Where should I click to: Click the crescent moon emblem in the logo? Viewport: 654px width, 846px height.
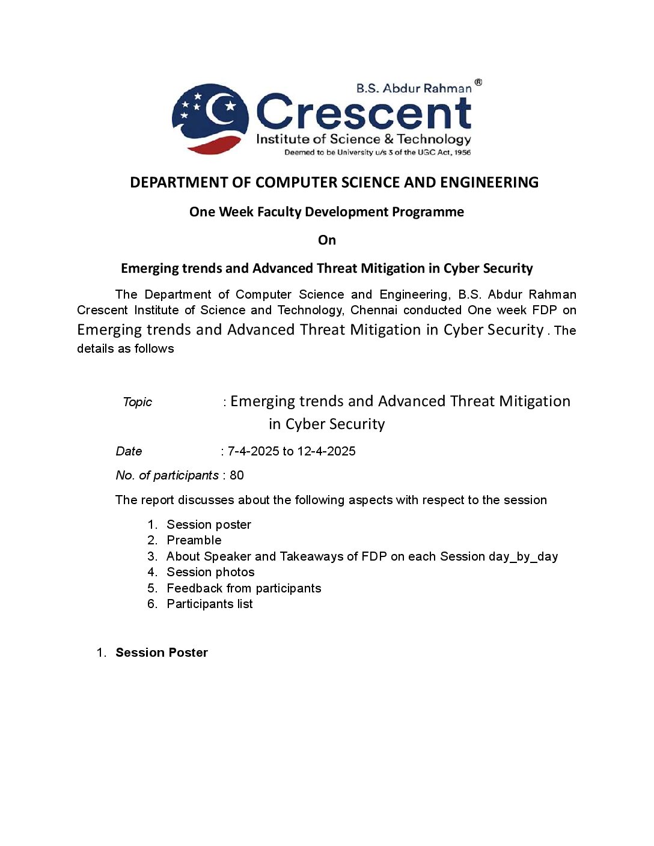coord(210,118)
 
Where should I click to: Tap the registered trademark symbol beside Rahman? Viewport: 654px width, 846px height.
coord(478,82)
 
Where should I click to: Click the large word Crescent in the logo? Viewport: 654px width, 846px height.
coord(364,113)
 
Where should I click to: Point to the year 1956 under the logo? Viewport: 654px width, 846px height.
coord(462,153)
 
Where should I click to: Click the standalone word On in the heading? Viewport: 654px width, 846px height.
coord(327,240)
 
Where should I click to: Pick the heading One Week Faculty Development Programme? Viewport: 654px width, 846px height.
coord(326,212)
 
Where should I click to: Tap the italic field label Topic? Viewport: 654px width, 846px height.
coord(137,402)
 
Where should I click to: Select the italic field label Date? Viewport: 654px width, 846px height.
coord(129,451)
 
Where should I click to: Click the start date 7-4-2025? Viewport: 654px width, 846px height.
coord(253,451)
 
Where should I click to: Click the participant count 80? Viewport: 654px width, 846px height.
coord(237,475)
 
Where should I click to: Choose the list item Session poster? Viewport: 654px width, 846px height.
coord(209,525)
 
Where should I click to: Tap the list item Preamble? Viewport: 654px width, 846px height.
coord(194,540)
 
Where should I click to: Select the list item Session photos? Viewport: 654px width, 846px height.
coord(210,572)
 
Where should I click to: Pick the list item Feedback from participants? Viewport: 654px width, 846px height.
coord(243,588)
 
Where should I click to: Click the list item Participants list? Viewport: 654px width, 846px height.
coord(209,604)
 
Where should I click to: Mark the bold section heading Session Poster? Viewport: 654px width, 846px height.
coord(162,653)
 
